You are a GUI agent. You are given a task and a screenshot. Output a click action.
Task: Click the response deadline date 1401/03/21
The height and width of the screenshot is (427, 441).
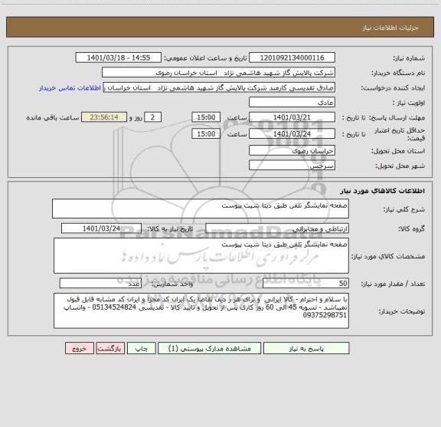[x=292, y=117]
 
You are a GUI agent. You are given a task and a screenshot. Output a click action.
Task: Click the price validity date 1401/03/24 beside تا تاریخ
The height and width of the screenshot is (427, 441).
[x=292, y=133]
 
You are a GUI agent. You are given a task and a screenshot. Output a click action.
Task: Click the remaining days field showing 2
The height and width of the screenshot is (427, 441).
[x=154, y=117]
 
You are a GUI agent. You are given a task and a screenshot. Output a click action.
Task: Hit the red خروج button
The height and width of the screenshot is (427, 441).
[x=78, y=347]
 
